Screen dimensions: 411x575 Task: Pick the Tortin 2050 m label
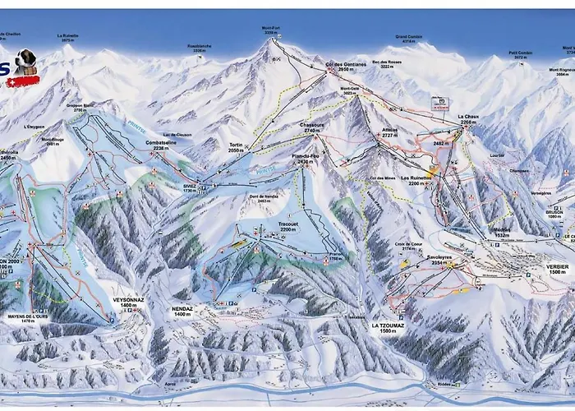235,148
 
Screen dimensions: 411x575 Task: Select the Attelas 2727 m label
390,135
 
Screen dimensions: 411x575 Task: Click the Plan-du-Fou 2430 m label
305,159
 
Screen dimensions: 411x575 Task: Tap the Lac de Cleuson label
177,134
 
